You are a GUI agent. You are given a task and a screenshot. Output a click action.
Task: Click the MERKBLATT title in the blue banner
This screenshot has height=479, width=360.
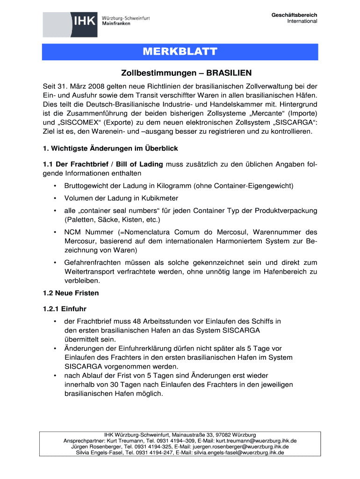[x=180, y=52]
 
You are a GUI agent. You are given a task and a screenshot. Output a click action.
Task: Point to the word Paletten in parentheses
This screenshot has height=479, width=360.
[x=79, y=219]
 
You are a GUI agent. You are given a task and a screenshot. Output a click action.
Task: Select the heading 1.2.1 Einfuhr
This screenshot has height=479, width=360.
[x=65, y=309]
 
